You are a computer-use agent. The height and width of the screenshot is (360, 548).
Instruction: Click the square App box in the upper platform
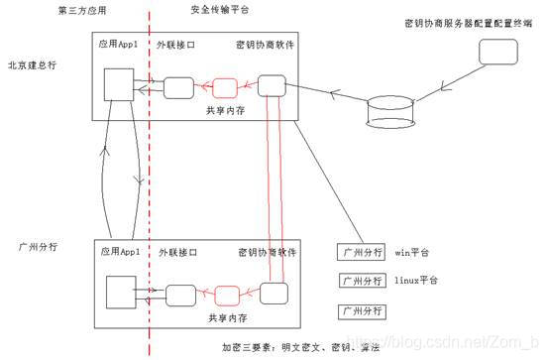tap(118, 83)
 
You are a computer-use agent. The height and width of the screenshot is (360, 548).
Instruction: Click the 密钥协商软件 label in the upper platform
tap(265, 46)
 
